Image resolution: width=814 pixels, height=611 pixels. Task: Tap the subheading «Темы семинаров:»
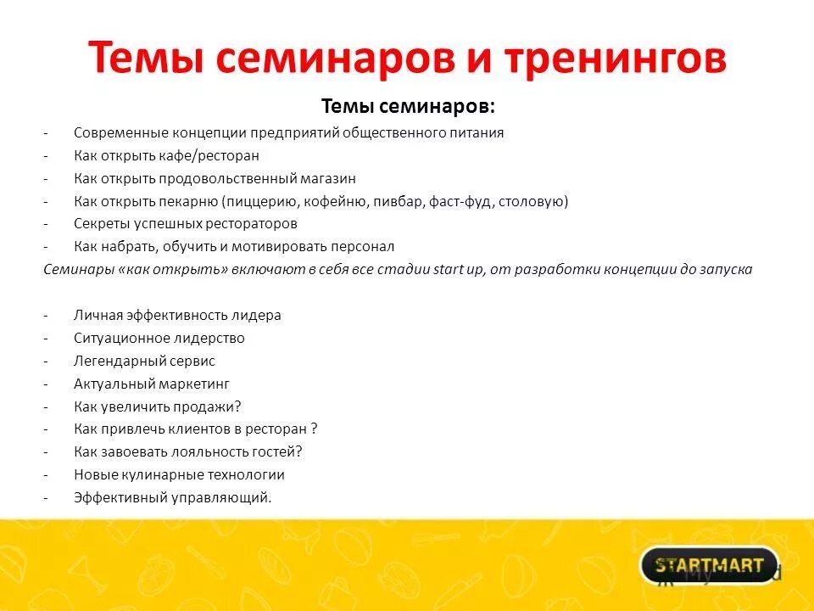tap(408, 107)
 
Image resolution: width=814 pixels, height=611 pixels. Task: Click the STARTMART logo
tap(709, 565)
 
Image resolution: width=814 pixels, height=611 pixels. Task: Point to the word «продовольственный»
tap(240, 178)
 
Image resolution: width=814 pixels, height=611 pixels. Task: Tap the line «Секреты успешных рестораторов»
tap(185, 224)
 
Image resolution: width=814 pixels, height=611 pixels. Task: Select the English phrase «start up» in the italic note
tap(460, 270)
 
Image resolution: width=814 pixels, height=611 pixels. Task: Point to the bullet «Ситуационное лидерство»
tap(159, 338)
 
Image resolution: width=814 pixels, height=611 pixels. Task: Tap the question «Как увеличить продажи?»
tap(157, 406)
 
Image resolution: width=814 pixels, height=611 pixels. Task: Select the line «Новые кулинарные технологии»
tap(179, 475)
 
